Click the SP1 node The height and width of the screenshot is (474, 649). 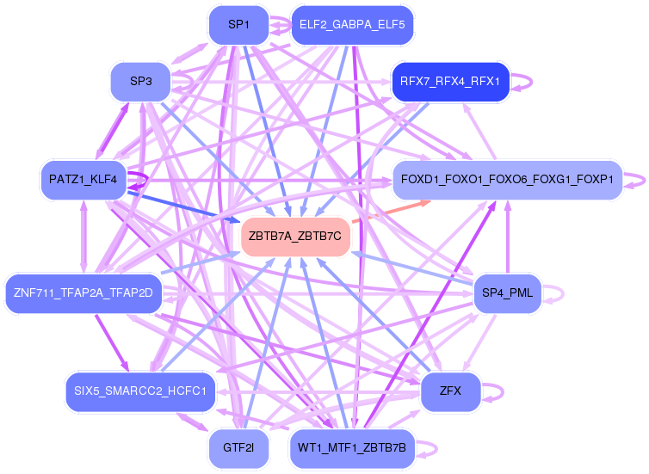(238, 25)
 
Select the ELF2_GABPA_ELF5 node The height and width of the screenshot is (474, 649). (352, 25)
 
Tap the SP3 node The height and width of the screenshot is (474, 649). (140, 82)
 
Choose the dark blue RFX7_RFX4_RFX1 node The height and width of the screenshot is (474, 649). (450, 82)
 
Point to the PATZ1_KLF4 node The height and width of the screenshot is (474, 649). (83, 179)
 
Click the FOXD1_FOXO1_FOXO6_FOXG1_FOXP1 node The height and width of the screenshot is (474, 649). (507, 179)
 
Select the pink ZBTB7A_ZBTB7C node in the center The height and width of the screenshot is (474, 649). (295, 236)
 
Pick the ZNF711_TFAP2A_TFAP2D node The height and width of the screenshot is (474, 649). (83, 293)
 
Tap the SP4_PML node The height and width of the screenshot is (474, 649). (507, 293)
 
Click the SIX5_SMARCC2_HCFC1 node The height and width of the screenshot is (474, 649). (140, 391)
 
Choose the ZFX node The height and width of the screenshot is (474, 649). (450, 391)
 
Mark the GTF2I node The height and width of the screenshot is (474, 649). (238, 448)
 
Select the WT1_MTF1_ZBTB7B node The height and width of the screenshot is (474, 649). (352, 448)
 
